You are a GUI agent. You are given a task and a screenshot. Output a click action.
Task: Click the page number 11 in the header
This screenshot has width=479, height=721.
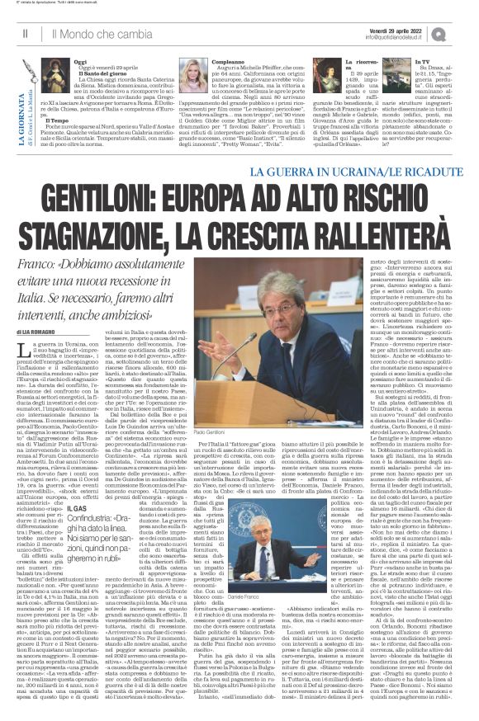click(x=26, y=34)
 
